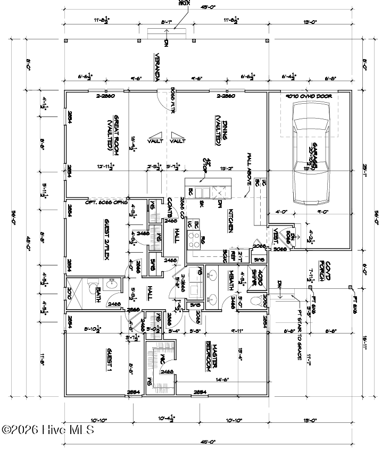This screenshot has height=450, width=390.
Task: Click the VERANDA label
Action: coord(157,68)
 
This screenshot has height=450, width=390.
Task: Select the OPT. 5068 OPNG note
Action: coord(107,203)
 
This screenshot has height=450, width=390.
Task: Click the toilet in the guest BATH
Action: coord(90,285)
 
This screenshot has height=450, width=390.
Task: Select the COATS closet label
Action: coord(169,206)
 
